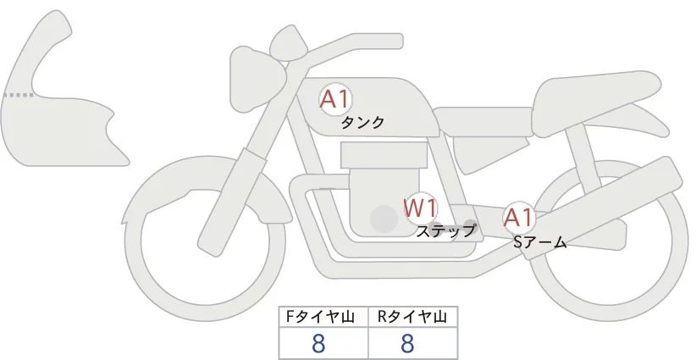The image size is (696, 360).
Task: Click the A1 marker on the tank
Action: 335,99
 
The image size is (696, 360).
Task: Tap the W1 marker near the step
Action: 420,208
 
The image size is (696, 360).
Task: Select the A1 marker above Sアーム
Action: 517,217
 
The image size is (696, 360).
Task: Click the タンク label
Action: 362,123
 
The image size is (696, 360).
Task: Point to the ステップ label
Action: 445,230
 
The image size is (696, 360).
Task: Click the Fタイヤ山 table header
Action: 323,317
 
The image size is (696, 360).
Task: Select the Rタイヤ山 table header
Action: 412,317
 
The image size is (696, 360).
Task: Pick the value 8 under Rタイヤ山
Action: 407,344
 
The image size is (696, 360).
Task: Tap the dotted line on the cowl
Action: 19,95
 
